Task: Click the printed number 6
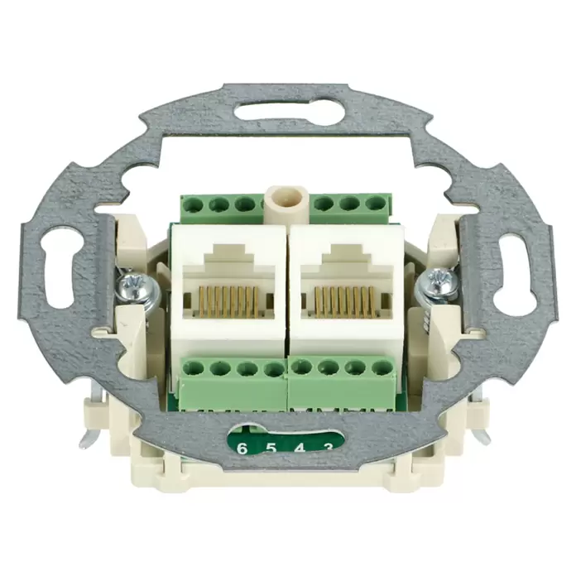[x=242, y=449]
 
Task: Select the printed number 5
[x=271, y=449]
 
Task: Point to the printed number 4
[x=300, y=449]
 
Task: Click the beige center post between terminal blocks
[x=284, y=205]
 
